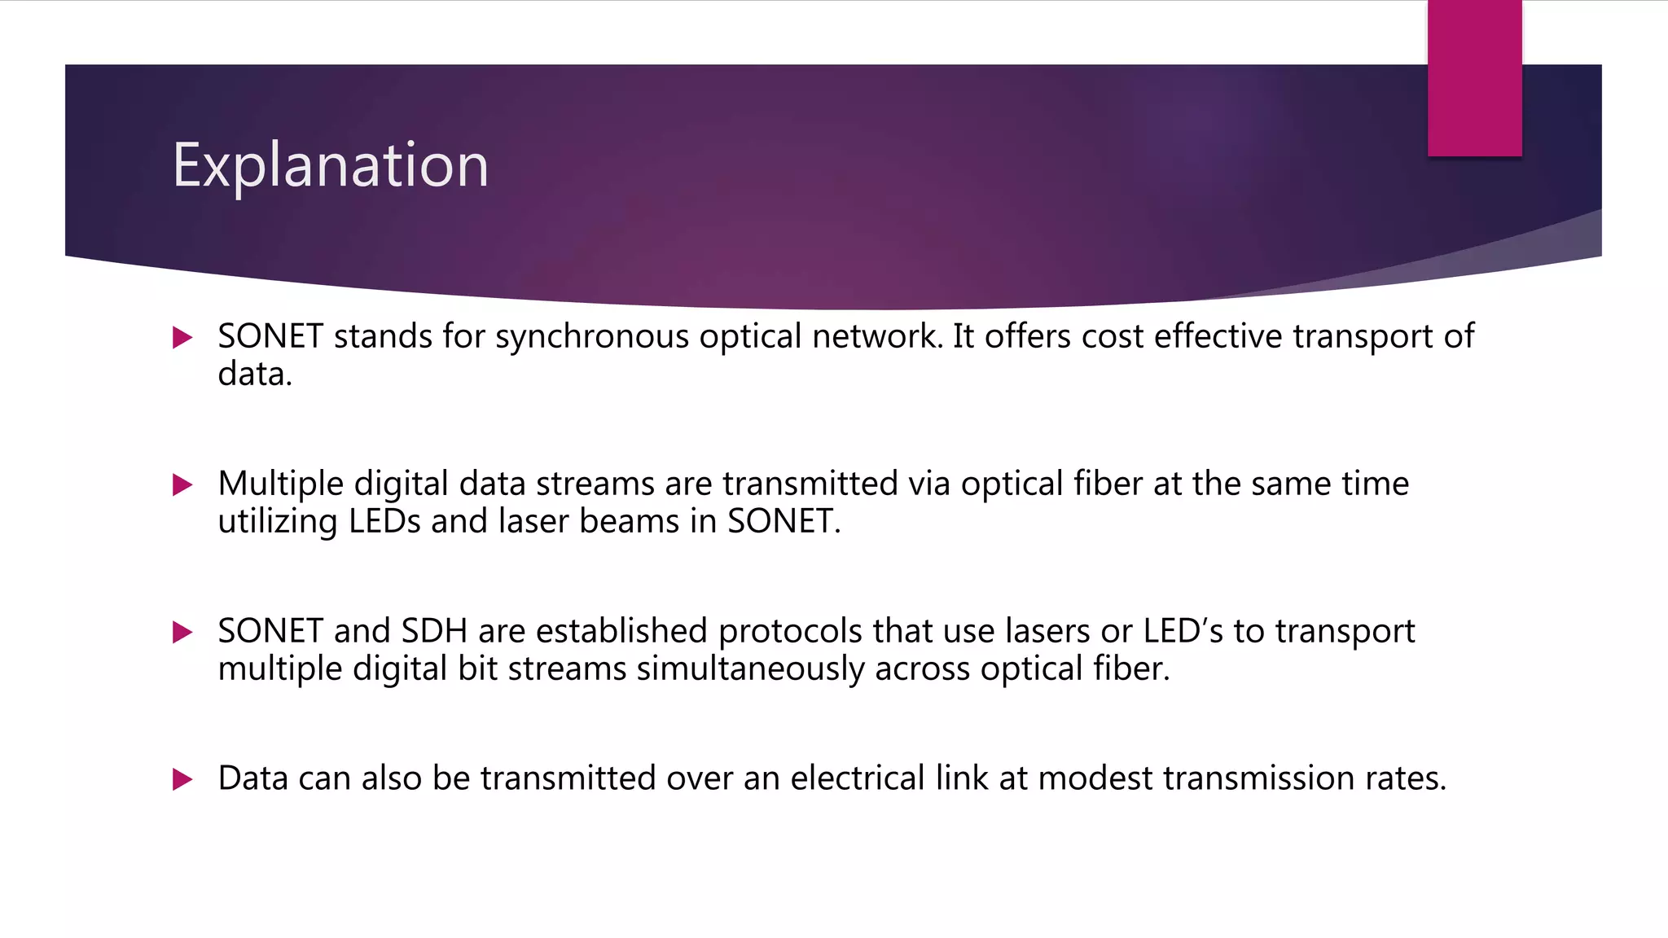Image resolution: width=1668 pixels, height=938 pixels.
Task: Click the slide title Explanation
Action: click(330, 165)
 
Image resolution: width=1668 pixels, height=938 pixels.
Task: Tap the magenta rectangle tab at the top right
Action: click(1474, 78)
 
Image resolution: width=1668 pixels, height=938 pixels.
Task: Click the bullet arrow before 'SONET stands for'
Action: click(182, 337)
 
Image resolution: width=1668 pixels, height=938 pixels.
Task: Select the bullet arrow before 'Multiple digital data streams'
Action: click(182, 485)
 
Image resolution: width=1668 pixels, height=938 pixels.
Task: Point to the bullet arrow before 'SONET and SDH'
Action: click(182, 632)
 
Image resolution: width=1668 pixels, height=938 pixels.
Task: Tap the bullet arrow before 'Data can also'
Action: click(182, 779)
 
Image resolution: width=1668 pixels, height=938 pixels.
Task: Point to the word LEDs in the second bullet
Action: click(384, 521)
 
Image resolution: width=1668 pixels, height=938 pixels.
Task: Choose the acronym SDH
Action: click(434, 631)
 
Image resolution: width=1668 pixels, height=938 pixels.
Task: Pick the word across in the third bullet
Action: click(923, 669)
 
